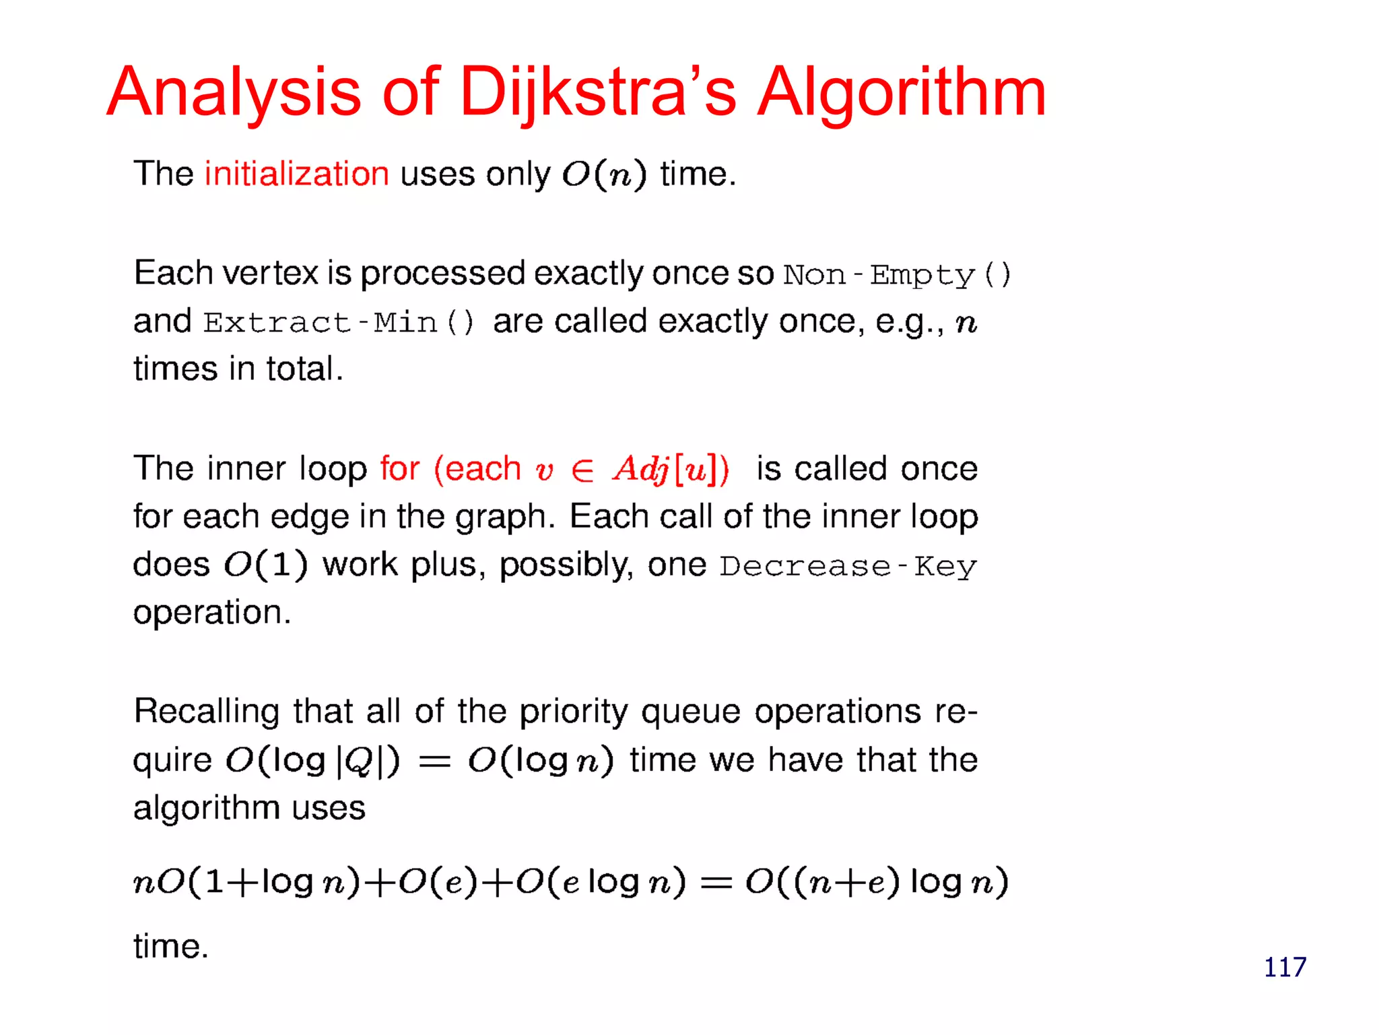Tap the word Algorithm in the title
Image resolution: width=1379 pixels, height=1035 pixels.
tap(902, 92)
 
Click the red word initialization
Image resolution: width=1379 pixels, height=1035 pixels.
tap(297, 174)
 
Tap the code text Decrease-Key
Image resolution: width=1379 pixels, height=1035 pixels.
tap(848, 566)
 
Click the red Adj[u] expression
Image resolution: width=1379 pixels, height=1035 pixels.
tap(671, 469)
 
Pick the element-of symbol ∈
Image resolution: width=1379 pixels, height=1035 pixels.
tap(582, 470)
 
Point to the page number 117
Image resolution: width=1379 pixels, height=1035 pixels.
tap(1285, 967)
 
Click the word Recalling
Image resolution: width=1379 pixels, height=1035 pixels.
tap(207, 712)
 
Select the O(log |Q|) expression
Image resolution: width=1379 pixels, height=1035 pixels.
tap(313, 761)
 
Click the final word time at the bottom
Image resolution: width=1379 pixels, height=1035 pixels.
tap(170, 946)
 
